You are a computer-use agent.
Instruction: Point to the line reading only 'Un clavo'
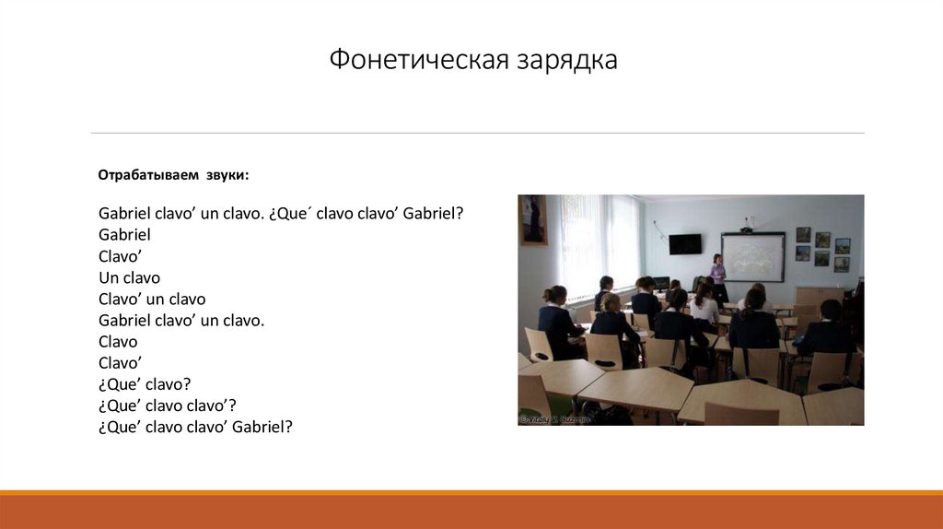[129, 277]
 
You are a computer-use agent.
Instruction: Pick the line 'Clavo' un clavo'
[152, 299]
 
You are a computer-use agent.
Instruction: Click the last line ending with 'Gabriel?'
[195, 427]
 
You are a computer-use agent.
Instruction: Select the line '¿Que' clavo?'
[145, 383]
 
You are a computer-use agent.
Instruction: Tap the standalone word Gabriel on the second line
[124, 234]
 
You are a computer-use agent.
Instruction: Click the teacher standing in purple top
[718, 272]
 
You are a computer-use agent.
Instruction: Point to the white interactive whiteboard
[752, 257]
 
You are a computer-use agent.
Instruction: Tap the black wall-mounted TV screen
[684, 244]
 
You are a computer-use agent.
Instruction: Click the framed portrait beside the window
[533, 219]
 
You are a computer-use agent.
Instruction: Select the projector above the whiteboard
[748, 228]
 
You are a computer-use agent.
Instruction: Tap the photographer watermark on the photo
[554, 419]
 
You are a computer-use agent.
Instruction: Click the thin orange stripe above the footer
[471, 493]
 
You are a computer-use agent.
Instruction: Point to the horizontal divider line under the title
[477, 133]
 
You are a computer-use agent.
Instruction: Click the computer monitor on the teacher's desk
[661, 284]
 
